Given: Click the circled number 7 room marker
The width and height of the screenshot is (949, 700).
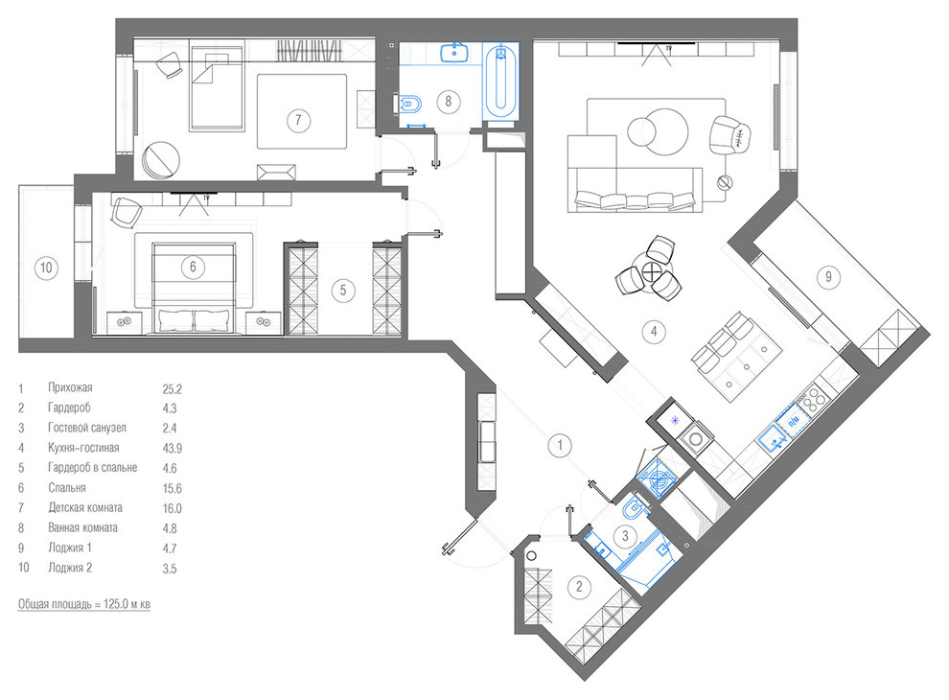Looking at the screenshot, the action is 298,120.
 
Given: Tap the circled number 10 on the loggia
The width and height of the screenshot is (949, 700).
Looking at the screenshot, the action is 46,267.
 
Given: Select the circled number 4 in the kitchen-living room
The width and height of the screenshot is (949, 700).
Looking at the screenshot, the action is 654,331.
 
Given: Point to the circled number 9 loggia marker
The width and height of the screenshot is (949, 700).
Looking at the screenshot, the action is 828,277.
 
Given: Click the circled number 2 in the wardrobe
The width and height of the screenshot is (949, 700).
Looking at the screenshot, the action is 579,586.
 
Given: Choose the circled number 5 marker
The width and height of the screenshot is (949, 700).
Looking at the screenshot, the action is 342,290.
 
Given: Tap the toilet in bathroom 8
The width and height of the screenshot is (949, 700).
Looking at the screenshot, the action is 409,105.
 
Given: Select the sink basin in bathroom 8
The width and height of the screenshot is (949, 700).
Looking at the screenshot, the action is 454,53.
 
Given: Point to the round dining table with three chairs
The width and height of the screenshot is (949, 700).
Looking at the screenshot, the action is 652,270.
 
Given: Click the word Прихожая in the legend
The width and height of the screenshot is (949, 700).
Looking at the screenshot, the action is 70,387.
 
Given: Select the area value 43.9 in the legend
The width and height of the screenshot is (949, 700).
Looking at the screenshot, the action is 172,449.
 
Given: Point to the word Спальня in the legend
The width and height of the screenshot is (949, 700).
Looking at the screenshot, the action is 67,488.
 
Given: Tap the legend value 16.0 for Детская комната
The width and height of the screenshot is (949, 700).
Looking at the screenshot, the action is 172,508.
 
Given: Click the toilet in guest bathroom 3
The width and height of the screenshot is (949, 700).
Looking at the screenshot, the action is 633,507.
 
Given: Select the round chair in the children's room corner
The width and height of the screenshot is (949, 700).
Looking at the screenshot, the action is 161,160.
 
